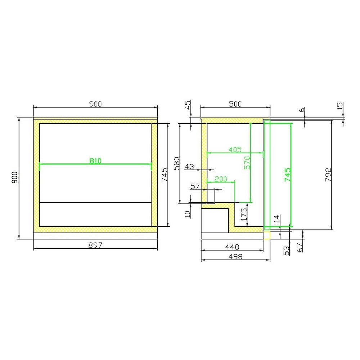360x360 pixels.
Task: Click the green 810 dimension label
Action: pos(95,161)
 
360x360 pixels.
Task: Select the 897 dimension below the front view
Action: pos(95,245)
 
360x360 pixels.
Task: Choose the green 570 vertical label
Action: pos(247,163)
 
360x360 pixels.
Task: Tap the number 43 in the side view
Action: pos(189,167)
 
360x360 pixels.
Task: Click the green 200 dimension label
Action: pos(221,179)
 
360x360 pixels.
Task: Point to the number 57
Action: pos(195,186)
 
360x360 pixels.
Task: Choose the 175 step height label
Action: pos(243,214)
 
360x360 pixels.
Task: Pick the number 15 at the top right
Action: pos(339,107)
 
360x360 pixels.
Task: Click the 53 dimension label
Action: pos(286,251)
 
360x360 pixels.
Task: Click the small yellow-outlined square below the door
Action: pos(266,236)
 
